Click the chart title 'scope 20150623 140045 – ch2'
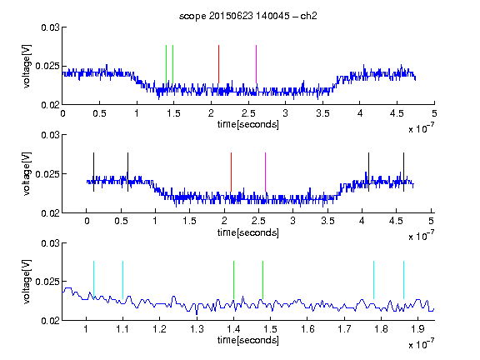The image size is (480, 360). (x=248, y=16)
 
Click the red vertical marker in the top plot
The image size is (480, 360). (x=218, y=64)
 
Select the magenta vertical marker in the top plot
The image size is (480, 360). (x=256, y=64)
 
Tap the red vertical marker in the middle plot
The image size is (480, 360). (x=231, y=172)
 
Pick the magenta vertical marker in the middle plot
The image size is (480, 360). (x=265, y=172)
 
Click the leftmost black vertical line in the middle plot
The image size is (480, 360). (x=93, y=172)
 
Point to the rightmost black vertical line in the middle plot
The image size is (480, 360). (x=403, y=172)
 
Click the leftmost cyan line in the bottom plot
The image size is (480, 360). (x=93, y=280)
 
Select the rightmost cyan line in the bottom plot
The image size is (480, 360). (x=403, y=280)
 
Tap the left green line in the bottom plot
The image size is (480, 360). (x=233, y=280)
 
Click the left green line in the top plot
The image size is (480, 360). (x=166, y=64)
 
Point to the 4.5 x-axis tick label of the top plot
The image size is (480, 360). (x=397, y=113)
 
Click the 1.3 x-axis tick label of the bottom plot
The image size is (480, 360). (x=197, y=329)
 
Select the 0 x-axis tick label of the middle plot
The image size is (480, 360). (x=87, y=221)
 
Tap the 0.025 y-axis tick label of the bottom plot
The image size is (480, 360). (x=47, y=282)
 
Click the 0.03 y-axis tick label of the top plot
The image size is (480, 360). (x=50, y=27)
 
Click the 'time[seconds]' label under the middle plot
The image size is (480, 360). (x=248, y=232)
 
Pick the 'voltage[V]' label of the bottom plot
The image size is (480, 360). (x=27, y=282)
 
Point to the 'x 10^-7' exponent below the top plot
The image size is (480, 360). (x=421, y=128)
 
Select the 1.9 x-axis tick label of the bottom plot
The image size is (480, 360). (x=417, y=329)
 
